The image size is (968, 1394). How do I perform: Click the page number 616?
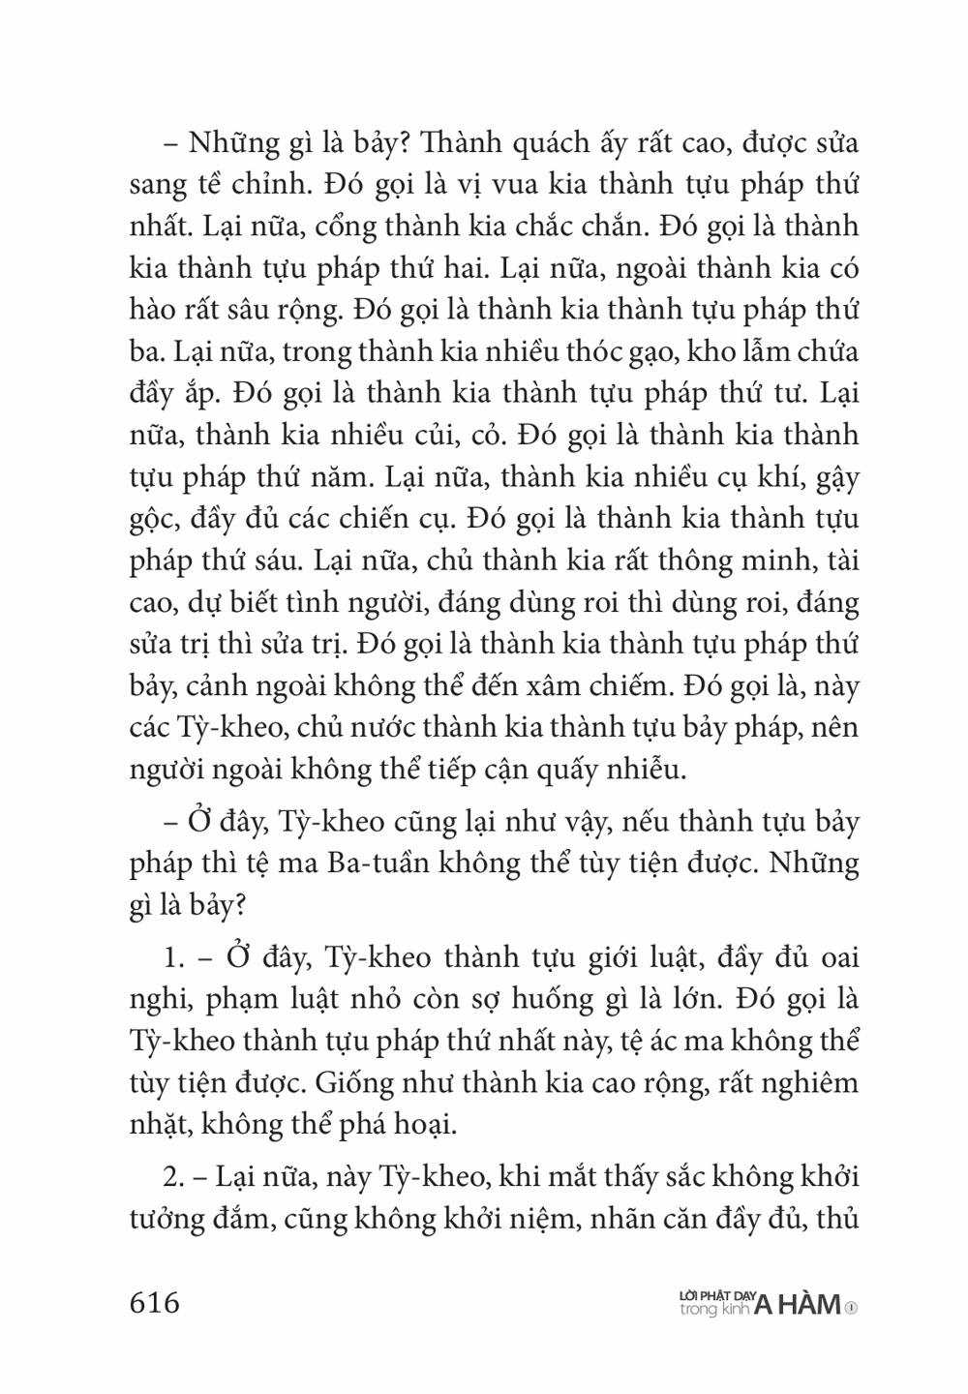[x=155, y=1302]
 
